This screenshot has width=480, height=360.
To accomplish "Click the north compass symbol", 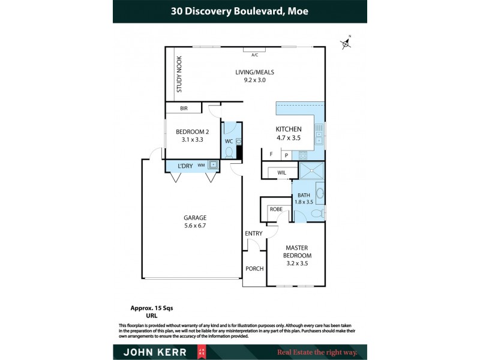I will click(346, 43).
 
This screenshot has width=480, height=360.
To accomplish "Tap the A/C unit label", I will click(254, 55).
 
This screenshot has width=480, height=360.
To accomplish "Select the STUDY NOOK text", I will click(179, 75).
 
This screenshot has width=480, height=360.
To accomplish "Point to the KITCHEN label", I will click(288, 133).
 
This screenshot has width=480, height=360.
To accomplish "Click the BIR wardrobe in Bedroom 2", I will click(184, 109).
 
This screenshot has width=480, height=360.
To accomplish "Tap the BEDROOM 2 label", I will click(192, 136).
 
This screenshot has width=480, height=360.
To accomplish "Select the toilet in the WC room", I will click(229, 152).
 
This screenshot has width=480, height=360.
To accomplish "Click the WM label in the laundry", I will click(201, 165).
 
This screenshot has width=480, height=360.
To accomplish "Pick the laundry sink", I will click(212, 165).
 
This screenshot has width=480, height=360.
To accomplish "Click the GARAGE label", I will click(195, 221).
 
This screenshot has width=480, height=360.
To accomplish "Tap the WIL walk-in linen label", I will click(281, 173).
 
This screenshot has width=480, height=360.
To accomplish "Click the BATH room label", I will click(304, 199).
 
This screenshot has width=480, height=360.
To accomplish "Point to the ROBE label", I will click(276, 209).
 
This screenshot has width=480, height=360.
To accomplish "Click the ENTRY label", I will click(253, 233).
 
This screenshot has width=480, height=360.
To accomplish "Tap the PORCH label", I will click(254, 268).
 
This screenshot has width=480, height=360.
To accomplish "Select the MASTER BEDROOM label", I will click(298, 255).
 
